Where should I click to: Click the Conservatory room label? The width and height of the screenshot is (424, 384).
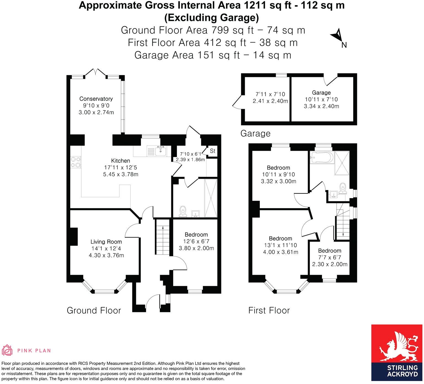click(x=96, y=99)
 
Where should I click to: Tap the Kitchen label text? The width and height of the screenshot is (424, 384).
click(x=120, y=161)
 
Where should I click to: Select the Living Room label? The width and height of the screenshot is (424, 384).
click(x=106, y=242)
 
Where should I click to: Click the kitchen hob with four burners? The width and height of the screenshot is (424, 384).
click(x=76, y=162)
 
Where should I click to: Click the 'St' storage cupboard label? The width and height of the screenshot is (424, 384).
click(x=213, y=151)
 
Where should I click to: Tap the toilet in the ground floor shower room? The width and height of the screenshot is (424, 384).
click(x=183, y=211)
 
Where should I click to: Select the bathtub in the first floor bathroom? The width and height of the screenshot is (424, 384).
click(x=321, y=158)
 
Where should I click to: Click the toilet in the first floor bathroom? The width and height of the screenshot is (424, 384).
click(x=342, y=187)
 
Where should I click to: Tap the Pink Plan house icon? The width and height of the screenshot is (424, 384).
click(x=7, y=350)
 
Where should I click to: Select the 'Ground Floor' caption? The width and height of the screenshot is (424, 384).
click(x=94, y=311)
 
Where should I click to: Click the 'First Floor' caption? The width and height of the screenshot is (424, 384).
click(x=269, y=311)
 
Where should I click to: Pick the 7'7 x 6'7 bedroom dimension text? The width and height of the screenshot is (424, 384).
click(x=329, y=257)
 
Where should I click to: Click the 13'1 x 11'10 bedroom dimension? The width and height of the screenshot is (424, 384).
click(x=280, y=245)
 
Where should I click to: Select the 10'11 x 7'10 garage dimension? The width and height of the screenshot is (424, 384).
click(x=321, y=99)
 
